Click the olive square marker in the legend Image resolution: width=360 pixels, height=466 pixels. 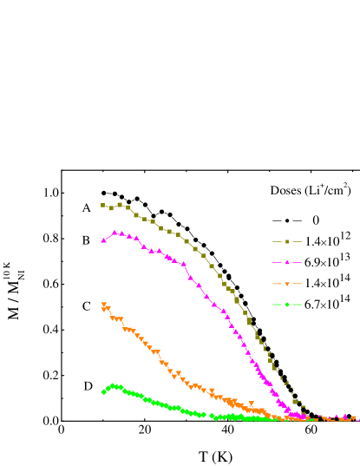[287, 241]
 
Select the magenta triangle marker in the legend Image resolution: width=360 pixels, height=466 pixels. [287, 262]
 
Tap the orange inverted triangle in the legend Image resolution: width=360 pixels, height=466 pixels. [287, 284]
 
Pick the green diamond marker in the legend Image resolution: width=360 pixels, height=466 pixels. [287, 305]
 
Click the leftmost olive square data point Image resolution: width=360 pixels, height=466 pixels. [103, 206]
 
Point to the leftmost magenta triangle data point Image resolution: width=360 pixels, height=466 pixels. [103, 240]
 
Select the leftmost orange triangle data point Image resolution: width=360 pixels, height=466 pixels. [103, 305]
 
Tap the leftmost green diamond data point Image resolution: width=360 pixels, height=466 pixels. [103, 392]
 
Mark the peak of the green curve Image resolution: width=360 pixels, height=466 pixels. [113, 385]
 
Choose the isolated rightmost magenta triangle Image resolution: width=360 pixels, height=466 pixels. [345, 417]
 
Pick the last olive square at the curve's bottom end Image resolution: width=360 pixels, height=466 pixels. [302, 404]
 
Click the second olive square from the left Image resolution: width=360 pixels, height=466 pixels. [111, 208]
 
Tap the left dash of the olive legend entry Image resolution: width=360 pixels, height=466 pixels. [276, 241]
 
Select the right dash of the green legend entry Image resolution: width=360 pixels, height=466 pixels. [298, 305]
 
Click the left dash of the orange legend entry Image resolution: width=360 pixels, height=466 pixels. [276, 284]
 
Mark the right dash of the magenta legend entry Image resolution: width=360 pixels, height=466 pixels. [298, 262]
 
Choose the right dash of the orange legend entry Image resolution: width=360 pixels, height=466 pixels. [298, 284]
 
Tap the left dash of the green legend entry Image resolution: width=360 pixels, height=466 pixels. [276, 305]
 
